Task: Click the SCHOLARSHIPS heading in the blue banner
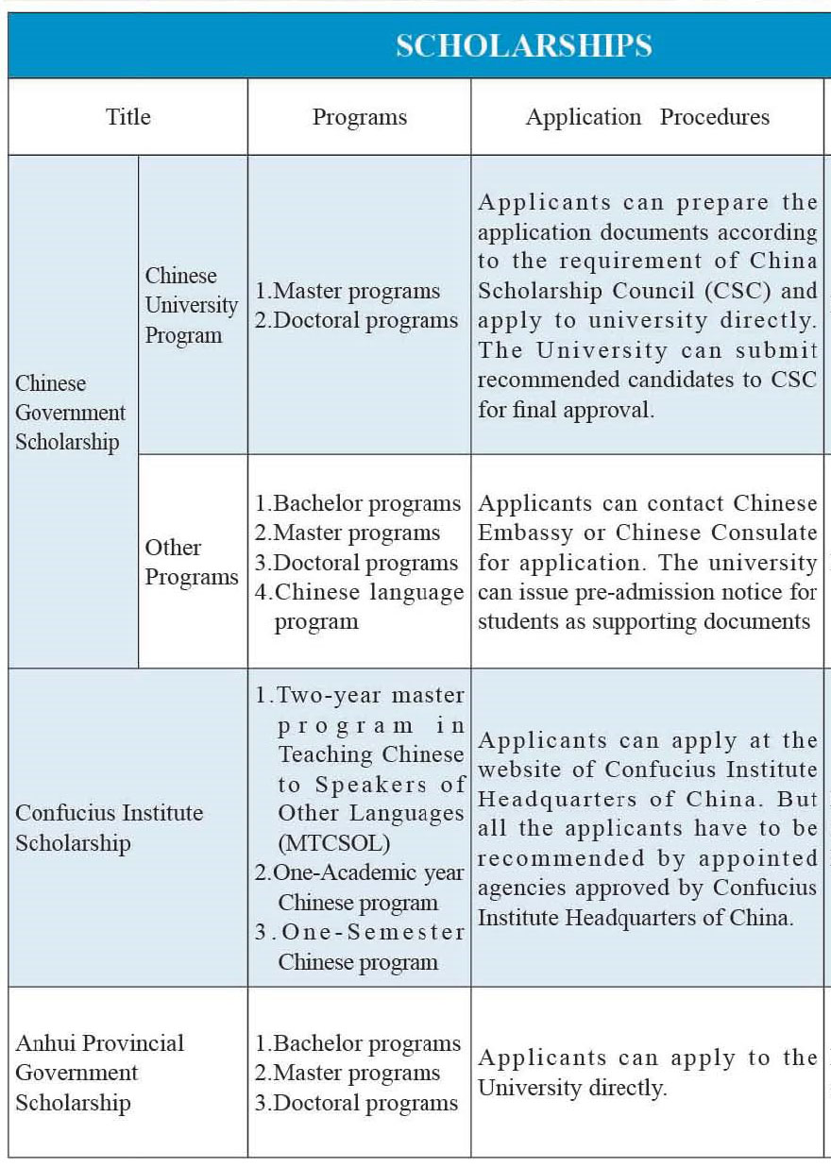pyautogui.click(x=523, y=45)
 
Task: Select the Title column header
pyautogui.click(x=127, y=117)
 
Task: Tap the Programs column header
pyautogui.click(x=360, y=117)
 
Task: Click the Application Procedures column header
pyautogui.click(x=647, y=117)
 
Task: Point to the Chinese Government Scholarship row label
pyautogui.click(x=70, y=413)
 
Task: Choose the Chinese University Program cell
pyautogui.click(x=191, y=305)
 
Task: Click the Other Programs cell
pyautogui.click(x=191, y=562)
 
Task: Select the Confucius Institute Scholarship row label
pyautogui.click(x=109, y=828)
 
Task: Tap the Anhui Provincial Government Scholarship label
pyautogui.click(x=99, y=1073)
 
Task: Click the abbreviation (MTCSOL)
pyautogui.click(x=333, y=842)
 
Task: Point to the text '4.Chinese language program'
pyautogui.click(x=359, y=606)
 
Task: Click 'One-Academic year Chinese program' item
pyautogui.click(x=359, y=887)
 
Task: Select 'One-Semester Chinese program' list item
pyautogui.click(x=359, y=947)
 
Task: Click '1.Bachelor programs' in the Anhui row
pyautogui.click(x=357, y=1043)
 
